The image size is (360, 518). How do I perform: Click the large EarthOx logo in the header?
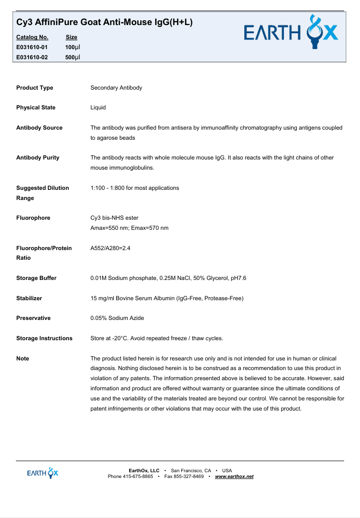pos(291,33)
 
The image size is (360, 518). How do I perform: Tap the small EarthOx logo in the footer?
pos(43,473)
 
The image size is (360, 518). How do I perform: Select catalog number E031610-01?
pos(32,47)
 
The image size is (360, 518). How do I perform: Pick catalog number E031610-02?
pos(32,57)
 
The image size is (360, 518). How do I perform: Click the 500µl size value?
pos(73,57)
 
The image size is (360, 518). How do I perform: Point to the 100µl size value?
pos(73,47)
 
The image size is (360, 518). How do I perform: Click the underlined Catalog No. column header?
pos(32,37)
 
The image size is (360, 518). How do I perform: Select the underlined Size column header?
pos(71,37)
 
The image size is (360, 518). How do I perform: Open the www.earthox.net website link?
pos(234,477)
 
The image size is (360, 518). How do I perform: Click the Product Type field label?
pos(35,88)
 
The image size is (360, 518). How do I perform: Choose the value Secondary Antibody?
pos(116,88)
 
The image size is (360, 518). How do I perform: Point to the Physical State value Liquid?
pos(98,107)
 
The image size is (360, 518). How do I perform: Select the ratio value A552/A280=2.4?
pos(110,248)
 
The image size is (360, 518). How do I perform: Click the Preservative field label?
pos(33,318)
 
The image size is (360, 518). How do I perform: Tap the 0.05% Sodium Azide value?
pos(117,318)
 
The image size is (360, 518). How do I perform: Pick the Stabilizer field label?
pos(29,298)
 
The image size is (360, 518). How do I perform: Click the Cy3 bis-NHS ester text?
pos(114,218)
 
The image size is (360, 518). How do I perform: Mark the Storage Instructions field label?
pos(44,338)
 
